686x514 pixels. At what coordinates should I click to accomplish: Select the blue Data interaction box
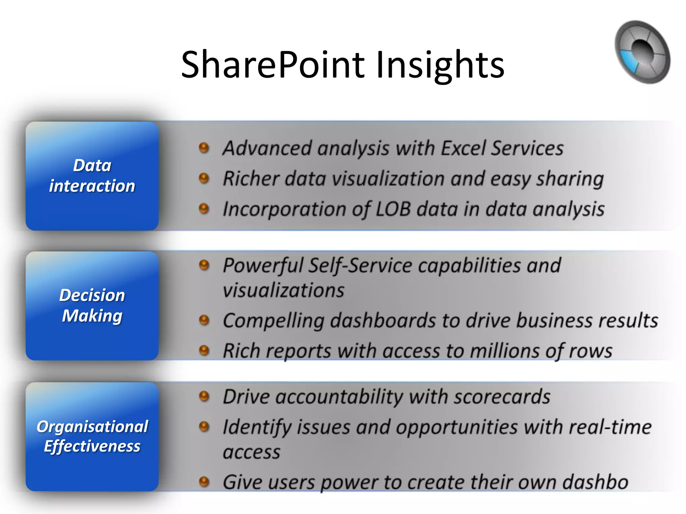coord(92,176)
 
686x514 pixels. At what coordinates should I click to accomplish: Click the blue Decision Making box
coord(92,306)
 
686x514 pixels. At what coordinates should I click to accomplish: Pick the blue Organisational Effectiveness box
coord(92,437)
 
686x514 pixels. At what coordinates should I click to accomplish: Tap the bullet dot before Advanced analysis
coord(204,148)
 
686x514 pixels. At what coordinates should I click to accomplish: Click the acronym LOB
coord(393,209)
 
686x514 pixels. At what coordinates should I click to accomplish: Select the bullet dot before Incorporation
coord(204,209)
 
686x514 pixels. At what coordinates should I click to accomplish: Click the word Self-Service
coord(360,266)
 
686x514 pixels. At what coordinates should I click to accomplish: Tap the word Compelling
coord(273,321)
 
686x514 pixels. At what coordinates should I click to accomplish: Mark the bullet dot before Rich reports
coord(204,351)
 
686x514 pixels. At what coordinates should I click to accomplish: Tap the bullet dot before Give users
coord(204,482)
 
